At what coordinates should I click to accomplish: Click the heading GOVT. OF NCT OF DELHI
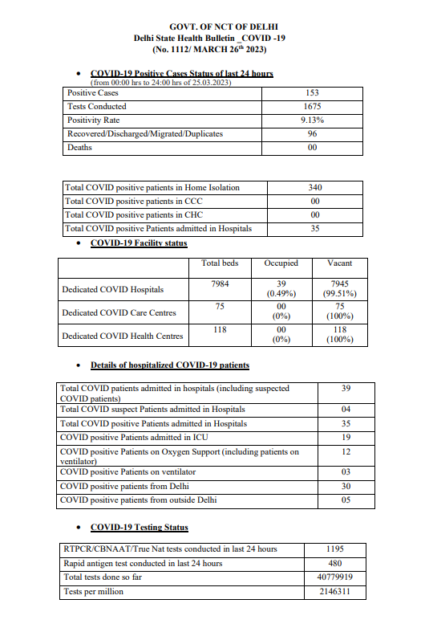[x=212, y=27]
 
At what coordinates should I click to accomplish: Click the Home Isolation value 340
[x=314, y=187]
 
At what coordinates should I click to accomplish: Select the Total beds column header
[x=220, y=263]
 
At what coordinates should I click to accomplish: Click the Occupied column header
[x=281, y=263]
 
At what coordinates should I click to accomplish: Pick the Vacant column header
[x=339, y=263]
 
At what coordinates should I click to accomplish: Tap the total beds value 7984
[x=220, y=283]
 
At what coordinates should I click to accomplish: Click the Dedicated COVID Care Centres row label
[x=119, y=312]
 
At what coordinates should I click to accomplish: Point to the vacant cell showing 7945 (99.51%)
[x=339, y=289]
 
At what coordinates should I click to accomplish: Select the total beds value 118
[x=220, y=329]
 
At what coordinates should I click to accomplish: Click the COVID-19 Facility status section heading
[x=139, y=243]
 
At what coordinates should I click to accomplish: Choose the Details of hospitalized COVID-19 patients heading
[x=169, y=365]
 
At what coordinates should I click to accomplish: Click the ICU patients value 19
[x=346, y=437]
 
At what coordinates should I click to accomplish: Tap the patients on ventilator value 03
[x=346, y=472]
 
